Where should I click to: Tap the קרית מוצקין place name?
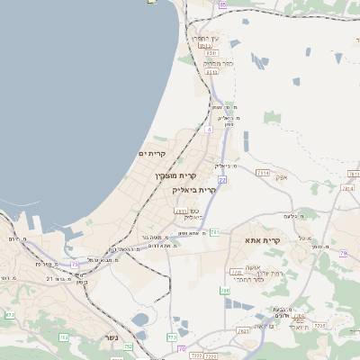(x=175, y=175)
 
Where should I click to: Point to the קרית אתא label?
(x=263, y=240)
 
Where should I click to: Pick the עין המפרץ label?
(x=206, y=39)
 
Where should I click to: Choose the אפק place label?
(x=280, y=178)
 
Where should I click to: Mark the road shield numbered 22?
(x=221, y=180)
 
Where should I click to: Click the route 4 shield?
(x=209, y=130)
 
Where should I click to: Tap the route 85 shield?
(x=222, y=4)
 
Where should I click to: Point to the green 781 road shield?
(x=215, y=232)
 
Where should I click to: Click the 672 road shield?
(x=10, y=315)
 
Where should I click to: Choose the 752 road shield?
(x=128, y=346)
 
